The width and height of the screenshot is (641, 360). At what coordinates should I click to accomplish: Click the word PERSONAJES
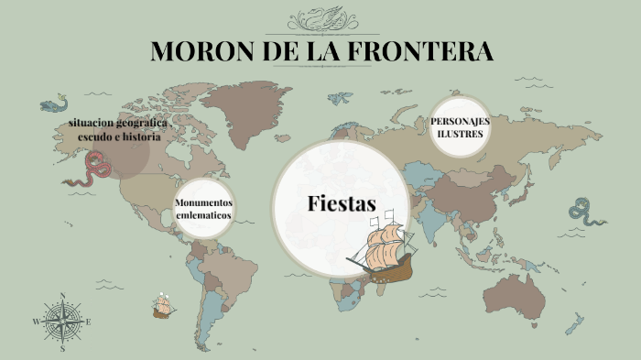(x=460, y=122)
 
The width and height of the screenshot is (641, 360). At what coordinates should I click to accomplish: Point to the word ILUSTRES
(x=460, y=134)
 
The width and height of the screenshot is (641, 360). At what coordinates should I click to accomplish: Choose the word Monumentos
(x=203, y=202)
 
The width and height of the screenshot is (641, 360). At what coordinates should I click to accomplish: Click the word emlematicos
(x=203, y=215)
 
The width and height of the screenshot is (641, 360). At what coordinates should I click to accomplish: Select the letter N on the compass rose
(x=62, y=295)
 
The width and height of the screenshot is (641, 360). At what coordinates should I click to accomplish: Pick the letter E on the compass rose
(x=88, y=322)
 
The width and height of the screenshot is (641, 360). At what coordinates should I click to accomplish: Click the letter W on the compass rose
(x=37, y=322)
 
